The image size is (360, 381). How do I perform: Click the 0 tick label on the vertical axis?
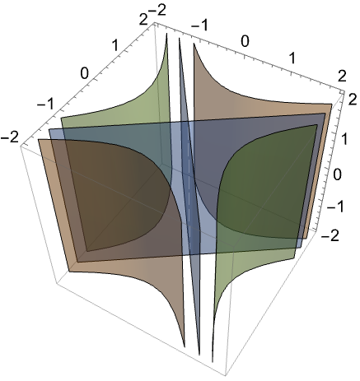[338, 174]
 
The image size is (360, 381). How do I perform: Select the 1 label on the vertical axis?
[342, 138]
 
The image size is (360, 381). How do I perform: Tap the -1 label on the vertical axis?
[335, 207]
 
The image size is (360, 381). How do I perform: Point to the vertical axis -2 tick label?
[330, 235]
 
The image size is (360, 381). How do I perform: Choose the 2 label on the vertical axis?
[352, 100]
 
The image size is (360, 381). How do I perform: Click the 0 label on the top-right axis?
[245, 41]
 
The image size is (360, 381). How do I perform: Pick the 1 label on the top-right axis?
[292, 58]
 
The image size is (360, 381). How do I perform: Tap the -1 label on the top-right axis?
[199, 26]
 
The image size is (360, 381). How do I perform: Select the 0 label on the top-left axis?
[84, 73]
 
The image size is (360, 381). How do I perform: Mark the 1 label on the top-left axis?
[115, 45]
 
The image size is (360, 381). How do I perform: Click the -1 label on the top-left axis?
[45, 105]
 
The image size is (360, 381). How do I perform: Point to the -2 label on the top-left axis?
[10, 137]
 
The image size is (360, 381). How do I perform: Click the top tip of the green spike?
[166, 33]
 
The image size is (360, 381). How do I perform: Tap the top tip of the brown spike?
[194, 44]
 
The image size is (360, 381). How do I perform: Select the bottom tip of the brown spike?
[185, 347]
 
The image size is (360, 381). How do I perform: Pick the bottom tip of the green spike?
[213, 362]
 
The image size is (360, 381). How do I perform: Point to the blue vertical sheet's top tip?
[180, 38]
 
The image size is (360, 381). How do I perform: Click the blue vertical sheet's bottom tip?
[199, 355]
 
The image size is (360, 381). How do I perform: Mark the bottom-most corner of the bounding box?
[226, 376]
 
